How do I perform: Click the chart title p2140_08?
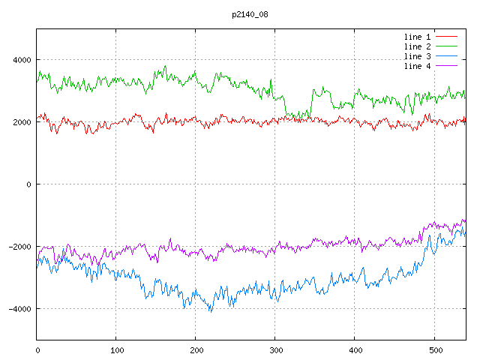point(249,14)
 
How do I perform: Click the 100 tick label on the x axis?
point(116,349)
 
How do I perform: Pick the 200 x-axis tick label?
point(196,349)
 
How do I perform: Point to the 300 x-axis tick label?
point(275,349)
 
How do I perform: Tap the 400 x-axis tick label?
point(355,349)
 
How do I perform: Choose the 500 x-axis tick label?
point(434,349)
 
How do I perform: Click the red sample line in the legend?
point(446,36)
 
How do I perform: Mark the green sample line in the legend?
point(446,46)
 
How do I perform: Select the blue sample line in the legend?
point(446,56)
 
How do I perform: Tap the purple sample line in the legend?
point(446,66)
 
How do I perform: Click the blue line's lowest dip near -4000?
point(211,310)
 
